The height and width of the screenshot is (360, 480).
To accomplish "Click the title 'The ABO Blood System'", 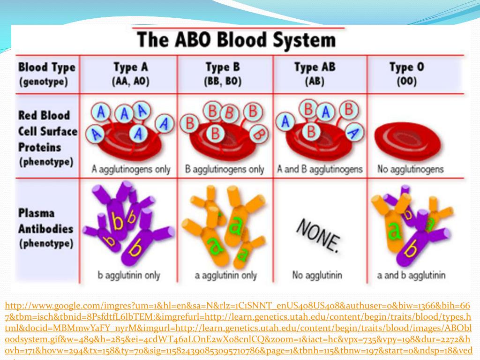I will (x=236, y=40).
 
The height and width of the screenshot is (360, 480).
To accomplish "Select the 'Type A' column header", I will (x=131, y=67).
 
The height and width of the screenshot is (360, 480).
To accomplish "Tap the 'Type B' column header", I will (x=223, y=67).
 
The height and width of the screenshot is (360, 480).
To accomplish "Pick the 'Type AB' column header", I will (x=315, y=67).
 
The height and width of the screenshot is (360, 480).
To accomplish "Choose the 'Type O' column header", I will (x=407, y=67).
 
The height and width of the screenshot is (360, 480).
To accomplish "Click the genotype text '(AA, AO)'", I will (x=131, y=82).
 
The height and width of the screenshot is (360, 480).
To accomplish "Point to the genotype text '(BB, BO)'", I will (x=223, y=82).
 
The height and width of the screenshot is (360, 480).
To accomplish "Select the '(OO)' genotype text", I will (x=407, y=82).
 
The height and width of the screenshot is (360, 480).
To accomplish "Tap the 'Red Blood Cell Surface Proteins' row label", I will (x=47, y=131).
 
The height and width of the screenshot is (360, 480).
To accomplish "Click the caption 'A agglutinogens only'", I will (x=131, y=169).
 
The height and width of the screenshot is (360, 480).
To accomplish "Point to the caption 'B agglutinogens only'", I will (x=225, y=169).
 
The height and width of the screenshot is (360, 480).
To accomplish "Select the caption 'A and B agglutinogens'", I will (x=320, y=169).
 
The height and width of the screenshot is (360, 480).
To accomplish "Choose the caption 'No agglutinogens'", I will (x=410, y=169).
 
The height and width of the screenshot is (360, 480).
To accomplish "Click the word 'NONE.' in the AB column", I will (x=318, y=234).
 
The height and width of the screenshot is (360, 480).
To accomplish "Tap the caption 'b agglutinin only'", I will (x=129, y=275).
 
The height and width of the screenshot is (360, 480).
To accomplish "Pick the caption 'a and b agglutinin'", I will (x=411, y=275).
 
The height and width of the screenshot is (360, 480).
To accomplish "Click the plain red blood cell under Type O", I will (x=407, y=138).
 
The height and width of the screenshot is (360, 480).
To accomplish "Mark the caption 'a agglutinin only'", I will (x=224, y=275).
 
